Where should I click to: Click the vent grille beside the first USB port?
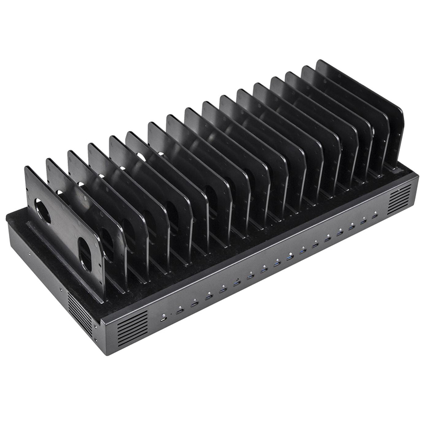pyautogui.click(x=132, y=327)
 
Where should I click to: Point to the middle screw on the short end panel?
pyautogui.click(x=61, y=289)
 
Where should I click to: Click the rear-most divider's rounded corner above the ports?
pyautogui.click(x=399, y=113)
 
